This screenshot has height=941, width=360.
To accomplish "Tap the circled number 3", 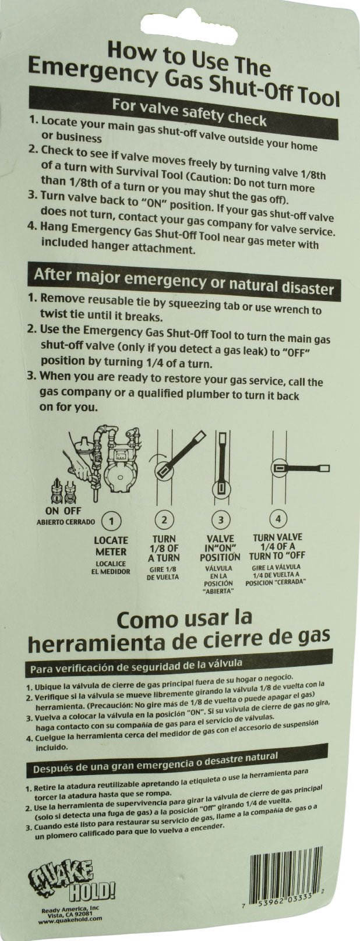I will pos(220,519).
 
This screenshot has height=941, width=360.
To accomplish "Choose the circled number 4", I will pos(278,518).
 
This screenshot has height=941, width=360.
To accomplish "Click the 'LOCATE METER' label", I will pos(111,546).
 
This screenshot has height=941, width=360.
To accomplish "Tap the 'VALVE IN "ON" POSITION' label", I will pos(220,548).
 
